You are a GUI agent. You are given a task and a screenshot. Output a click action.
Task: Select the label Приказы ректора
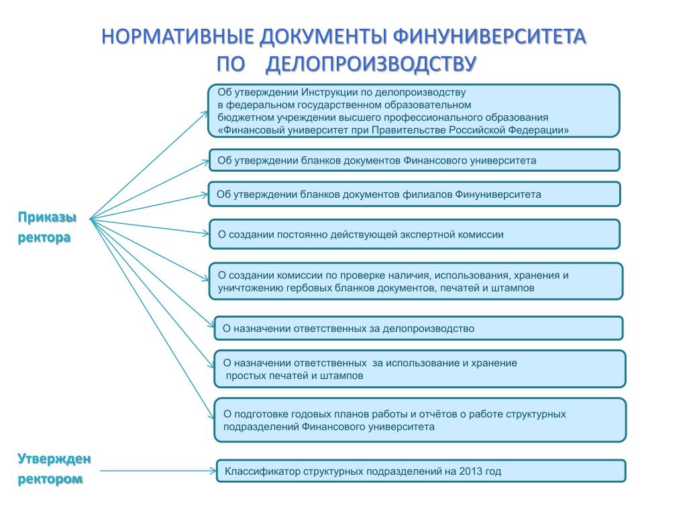(x=46, y=227)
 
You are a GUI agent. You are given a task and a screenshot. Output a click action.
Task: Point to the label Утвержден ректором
(x=54, y=469)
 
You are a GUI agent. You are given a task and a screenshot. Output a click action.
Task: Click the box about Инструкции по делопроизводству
(x=414, y=111)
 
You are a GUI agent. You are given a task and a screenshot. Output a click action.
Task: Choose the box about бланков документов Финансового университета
(x=414, y=160)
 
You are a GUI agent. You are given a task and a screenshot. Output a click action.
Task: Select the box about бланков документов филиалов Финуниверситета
(x=414, y=194)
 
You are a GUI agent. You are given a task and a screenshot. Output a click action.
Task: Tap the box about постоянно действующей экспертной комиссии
(x=414, y=234)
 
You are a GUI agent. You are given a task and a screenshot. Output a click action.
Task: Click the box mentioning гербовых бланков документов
(x=416, y=281)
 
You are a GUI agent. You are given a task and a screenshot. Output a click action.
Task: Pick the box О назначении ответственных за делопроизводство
(x=418, y=328)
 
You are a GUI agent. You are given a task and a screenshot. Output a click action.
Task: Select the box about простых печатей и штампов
(x=419, y=369)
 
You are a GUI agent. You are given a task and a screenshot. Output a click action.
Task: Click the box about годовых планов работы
(x=420, y=420)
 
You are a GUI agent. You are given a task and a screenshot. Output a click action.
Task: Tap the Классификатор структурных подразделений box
(x=421, y=471)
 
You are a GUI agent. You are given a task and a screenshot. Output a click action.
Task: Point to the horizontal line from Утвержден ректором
(x=154, y=471)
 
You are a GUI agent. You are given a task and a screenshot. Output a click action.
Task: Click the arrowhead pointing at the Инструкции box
(x=205, y=113)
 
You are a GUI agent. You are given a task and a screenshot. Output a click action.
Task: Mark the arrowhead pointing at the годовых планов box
(x=209, y=416)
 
